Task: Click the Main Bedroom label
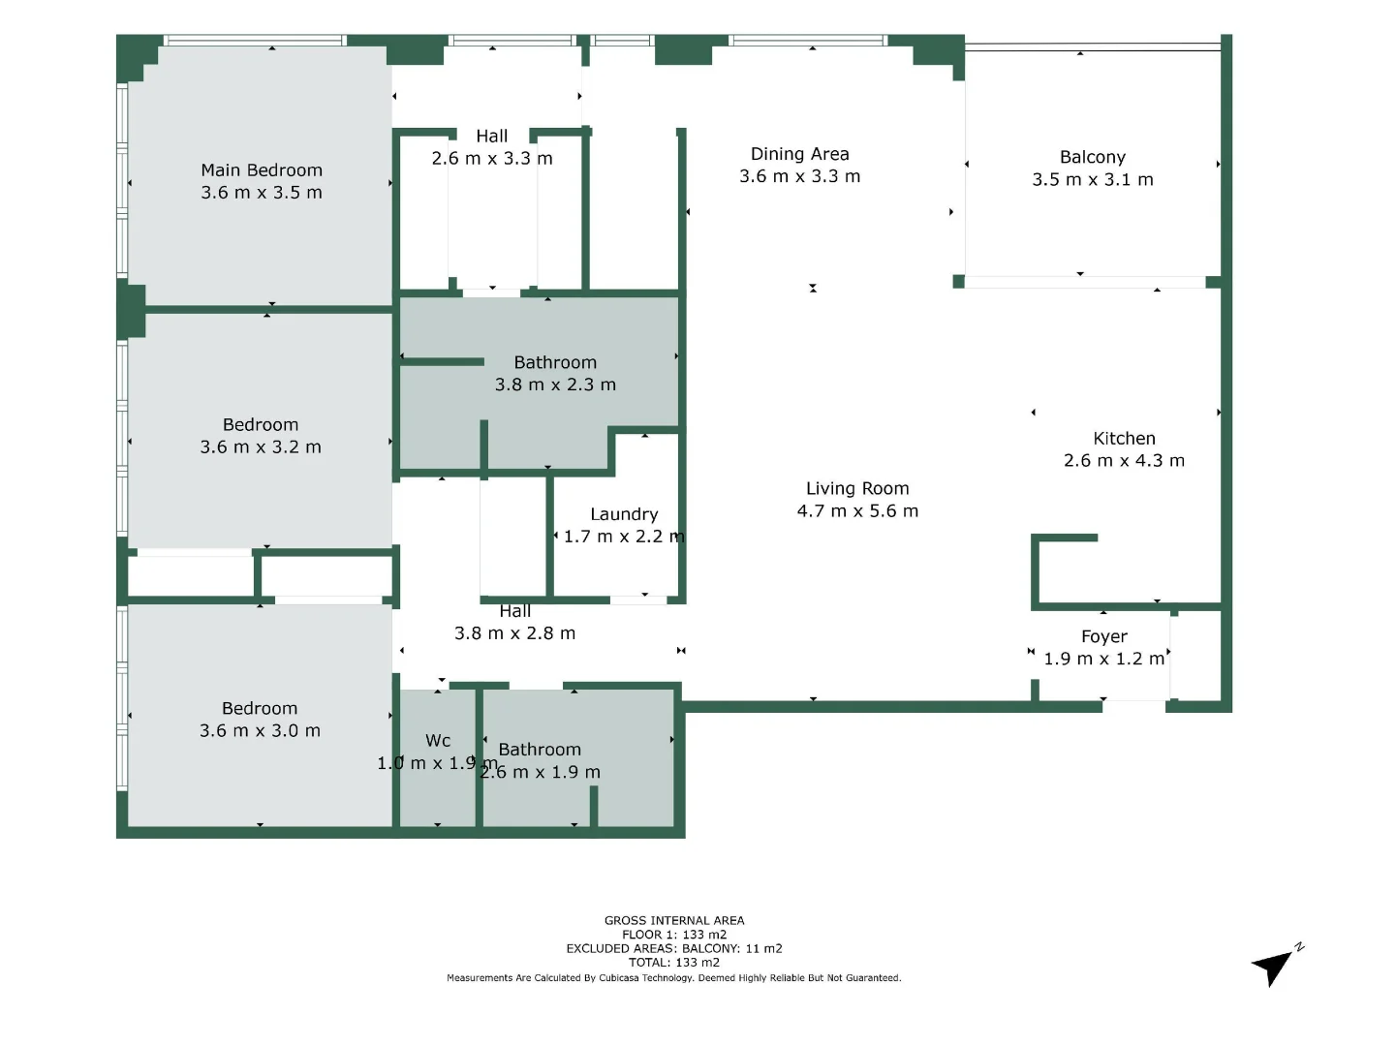pos(262,170)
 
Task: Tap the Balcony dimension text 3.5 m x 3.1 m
pos(1093,180)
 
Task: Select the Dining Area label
pos(799,154)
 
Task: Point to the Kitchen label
pos(1124,439)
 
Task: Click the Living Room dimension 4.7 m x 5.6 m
pos(857,511)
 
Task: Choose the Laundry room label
pos(624,514)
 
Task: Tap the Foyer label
pos(1103,636)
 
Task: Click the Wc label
pos(438,741)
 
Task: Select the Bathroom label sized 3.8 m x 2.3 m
pos(555,362)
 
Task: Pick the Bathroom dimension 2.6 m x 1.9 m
pos(541,773)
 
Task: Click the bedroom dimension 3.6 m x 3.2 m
pos(261,447)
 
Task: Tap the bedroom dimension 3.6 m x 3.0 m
pos(260,731)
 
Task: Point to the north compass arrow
pos(1274,966)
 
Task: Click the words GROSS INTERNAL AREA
pos(674,921)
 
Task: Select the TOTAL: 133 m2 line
pos(674,963)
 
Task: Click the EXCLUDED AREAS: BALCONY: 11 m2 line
pos(674,949)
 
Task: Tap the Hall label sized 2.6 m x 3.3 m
pos(492,137)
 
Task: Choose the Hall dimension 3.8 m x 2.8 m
pos(514,633)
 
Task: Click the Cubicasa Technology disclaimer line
pos(674,978)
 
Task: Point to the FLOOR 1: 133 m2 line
pos(674,935)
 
